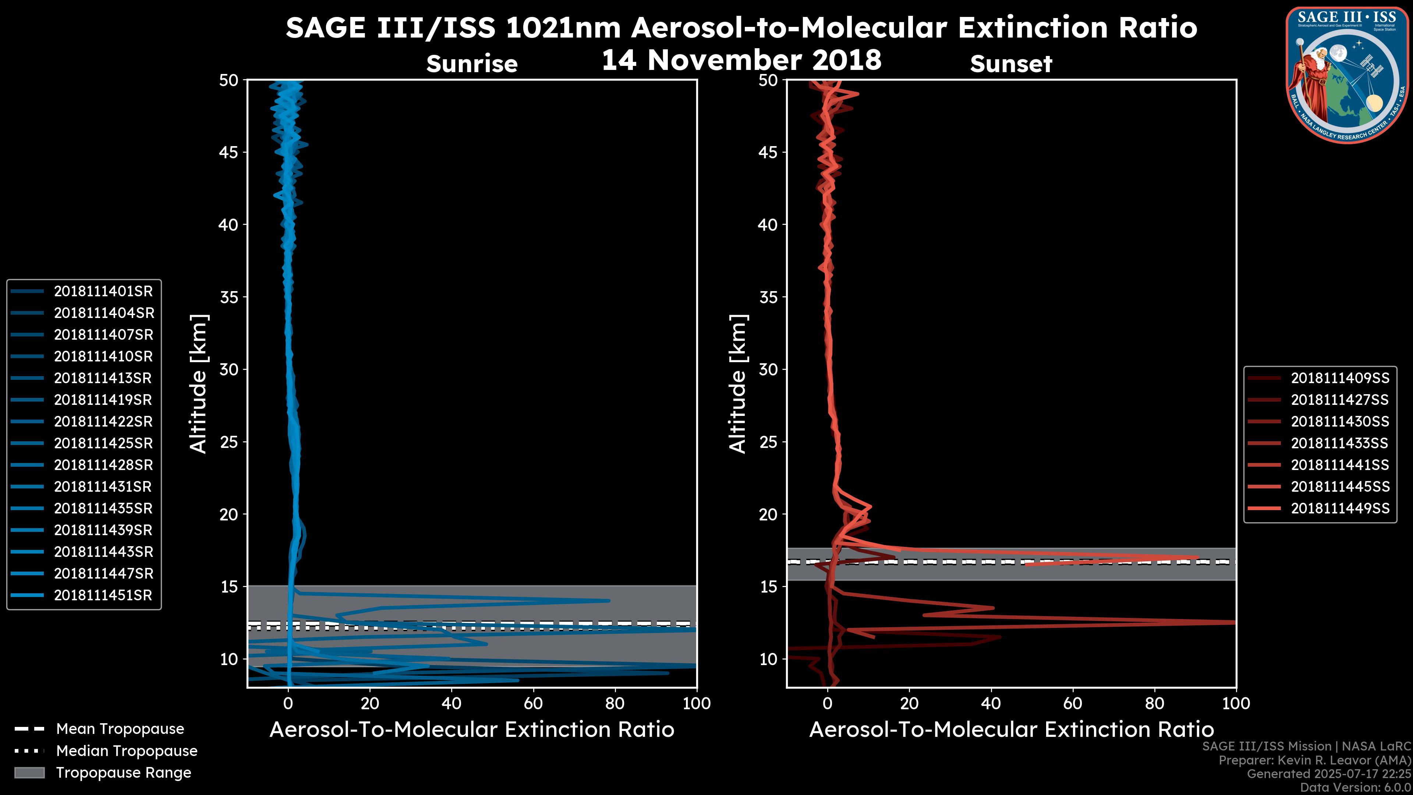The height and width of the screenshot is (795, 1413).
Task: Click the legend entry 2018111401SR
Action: point(103,291)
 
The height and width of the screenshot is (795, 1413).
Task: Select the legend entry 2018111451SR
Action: point(103,595)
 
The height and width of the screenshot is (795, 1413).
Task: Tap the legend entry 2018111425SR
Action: point(103,443)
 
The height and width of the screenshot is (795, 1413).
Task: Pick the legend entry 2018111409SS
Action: point(1339,378)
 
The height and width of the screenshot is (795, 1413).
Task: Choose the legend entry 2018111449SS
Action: point(1339,509)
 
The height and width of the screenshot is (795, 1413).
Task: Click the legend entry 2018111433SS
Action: point(1339,443)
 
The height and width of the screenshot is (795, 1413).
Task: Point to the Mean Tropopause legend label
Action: point(120,729)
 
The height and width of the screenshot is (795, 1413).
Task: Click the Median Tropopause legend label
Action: point(127,751)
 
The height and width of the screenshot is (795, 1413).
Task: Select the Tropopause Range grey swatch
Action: point(29,773)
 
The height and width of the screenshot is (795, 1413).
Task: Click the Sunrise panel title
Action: point(472,64)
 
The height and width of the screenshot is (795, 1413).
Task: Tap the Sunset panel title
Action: point(1011,64)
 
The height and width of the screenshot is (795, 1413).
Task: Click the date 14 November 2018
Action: point(741,60)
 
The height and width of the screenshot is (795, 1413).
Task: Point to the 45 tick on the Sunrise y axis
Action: point(228,152)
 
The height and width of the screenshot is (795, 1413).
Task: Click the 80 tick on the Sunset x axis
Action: point(1155,703)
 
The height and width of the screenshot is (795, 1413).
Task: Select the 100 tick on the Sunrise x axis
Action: point(697,703)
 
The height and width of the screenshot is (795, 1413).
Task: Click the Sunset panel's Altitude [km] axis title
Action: point(738,384)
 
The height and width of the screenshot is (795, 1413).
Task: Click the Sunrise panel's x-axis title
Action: point(472,730)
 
